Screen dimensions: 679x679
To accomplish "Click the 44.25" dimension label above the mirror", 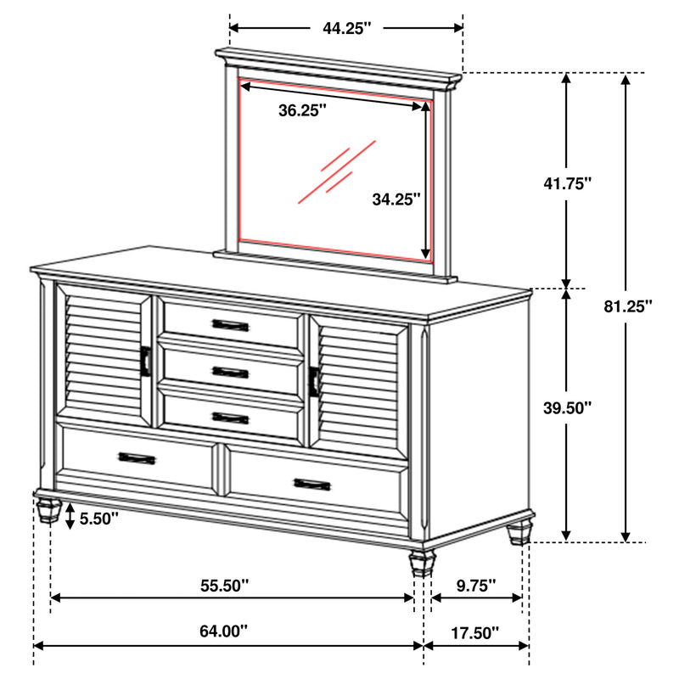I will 347,28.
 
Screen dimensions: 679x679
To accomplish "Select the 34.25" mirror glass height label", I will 396,199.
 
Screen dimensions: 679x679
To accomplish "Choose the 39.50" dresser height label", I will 567,407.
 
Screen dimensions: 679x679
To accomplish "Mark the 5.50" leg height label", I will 99,516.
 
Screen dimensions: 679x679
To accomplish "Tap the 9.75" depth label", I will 476,585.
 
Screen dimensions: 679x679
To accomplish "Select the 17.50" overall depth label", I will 476,631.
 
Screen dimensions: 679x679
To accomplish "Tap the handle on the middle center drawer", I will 230,372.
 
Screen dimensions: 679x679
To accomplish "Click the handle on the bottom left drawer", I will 137,458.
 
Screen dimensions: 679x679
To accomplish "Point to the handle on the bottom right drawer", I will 312,485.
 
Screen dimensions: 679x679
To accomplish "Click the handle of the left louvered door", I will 147,362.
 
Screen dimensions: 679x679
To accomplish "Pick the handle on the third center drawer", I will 230,417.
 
